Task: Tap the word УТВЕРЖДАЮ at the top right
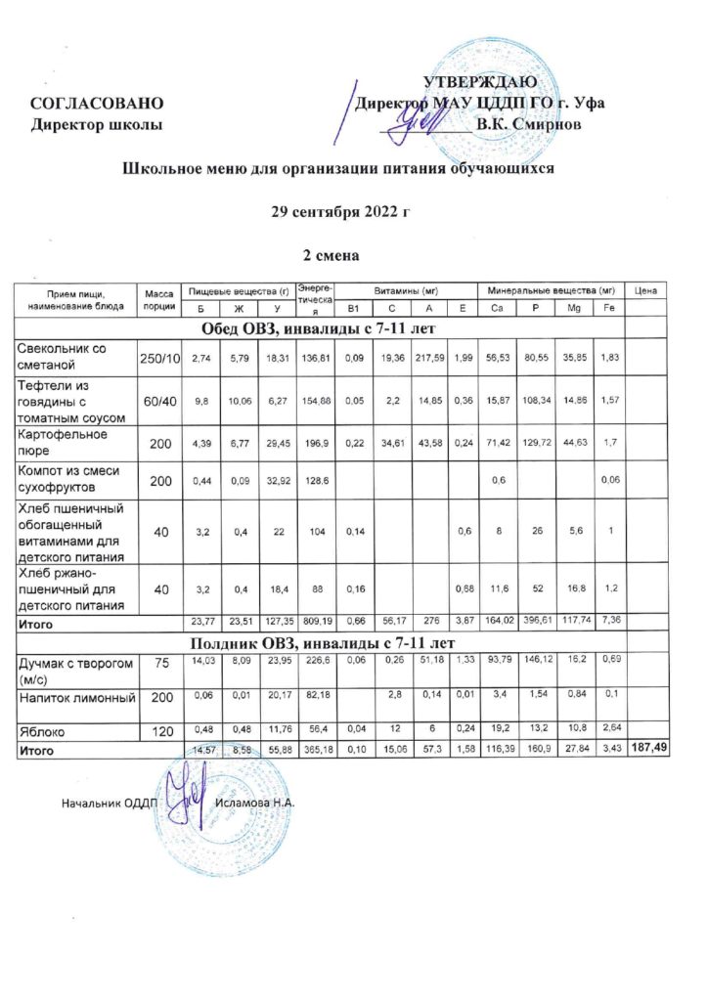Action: tap(479, 81)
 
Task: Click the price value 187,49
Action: tap(647, 750)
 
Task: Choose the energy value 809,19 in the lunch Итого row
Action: tap(317, 623)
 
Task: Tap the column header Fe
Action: tap(608, 309)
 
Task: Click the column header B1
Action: tap(354, 309)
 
